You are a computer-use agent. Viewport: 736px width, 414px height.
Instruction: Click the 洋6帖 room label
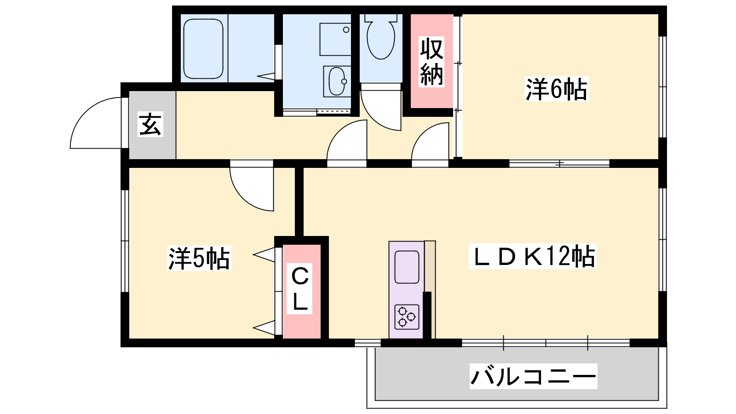coord(556,89)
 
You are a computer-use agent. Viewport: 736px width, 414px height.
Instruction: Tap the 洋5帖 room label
coord(199,258)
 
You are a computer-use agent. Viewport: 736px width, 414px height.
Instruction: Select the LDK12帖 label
coord(532,256)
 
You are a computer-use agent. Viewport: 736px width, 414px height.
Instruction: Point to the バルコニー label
coord(533,376)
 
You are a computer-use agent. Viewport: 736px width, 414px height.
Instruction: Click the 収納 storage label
coord(431,62)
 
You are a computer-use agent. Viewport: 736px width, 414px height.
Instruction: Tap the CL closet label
coord(299,288)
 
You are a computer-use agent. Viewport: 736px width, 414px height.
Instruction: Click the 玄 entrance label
coord(150,124)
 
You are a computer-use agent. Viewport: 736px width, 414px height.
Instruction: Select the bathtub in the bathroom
coord(203,49)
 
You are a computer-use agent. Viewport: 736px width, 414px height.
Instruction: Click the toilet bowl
coord(381,36)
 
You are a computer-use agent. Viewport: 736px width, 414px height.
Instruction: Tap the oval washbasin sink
coord(337,81)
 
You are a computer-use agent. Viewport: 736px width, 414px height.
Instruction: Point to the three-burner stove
coord(407,317)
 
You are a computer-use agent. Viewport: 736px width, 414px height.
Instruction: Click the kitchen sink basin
coord(407,267)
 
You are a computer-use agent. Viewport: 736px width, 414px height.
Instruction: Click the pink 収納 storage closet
coord(432,61)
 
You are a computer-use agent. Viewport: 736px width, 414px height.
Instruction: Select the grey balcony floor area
coord(517,374)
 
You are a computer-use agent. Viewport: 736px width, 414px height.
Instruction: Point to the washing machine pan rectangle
coord(335,39)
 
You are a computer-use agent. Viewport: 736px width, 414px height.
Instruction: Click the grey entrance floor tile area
coord(152,125)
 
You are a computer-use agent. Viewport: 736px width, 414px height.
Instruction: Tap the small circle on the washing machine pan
coord(346,30)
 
